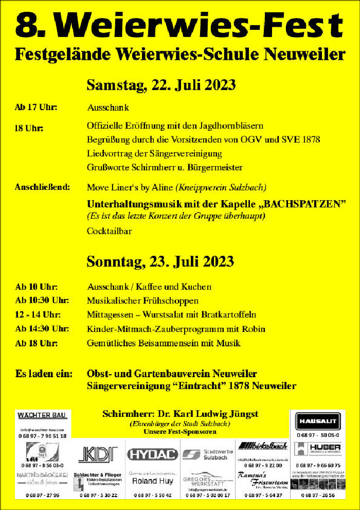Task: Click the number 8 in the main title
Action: [26, 25]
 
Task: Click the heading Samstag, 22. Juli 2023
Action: [161, 85]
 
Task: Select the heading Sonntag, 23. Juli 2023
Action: [160, 261]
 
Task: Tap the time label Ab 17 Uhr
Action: [36, 108]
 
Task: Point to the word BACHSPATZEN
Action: [304, 203]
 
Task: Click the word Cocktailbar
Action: [109, 231]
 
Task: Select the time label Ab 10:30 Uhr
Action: [42, 300]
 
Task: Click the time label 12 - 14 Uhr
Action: [38, 314]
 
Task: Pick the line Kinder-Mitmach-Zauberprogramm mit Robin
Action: [176, 329]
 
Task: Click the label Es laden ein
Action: [44, 373]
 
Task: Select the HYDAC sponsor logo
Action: [152, 454]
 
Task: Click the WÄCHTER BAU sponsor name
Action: [43, 415]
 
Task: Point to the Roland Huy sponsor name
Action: [152, 481]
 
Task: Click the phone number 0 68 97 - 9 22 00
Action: [263, 466]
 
